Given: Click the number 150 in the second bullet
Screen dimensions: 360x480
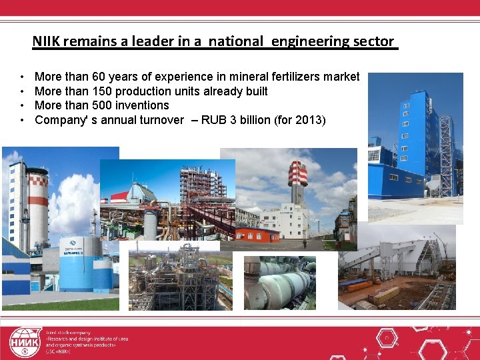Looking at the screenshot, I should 94,91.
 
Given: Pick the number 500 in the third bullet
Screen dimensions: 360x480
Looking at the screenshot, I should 94,105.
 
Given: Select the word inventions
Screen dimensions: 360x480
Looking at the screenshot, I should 141,105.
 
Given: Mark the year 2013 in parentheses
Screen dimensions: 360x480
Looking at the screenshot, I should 309,120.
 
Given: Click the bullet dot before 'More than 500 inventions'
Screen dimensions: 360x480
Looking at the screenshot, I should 22,105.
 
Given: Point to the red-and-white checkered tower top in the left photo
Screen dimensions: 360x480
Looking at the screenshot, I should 37,178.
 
